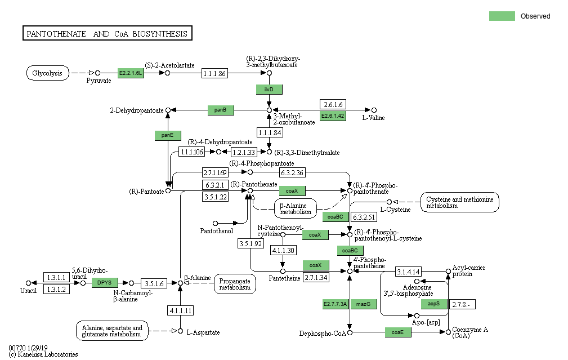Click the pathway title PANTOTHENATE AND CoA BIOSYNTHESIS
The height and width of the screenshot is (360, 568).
pos(108,34)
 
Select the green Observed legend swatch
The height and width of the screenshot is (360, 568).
pos(502,16)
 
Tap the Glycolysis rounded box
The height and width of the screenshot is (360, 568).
pos(48,73)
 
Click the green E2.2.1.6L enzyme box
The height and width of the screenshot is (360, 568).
pos(131,73)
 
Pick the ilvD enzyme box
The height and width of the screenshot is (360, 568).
pos(269,90)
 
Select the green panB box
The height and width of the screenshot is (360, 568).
pos(221,110)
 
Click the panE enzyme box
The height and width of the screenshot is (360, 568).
pos(168,135)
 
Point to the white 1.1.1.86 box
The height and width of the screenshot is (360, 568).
pos(214,73)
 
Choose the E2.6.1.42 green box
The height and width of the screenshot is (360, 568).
pos(333,116)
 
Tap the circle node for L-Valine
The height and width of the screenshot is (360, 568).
pos(374,110)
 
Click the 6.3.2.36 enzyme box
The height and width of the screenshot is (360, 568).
pos(292,172)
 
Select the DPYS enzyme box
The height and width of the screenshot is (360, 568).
pos(105,283)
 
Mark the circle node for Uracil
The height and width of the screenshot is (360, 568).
pos(28,283)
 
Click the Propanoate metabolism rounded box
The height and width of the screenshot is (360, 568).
pos(235,283)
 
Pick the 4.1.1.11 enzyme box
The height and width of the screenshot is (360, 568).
pos(180,310)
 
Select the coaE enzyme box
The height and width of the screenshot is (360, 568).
pos(398,332)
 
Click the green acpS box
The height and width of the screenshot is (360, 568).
pos(434,304)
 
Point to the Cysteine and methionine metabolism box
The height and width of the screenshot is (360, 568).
pos(460,202)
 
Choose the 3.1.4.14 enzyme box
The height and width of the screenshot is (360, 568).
pos(408,272)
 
